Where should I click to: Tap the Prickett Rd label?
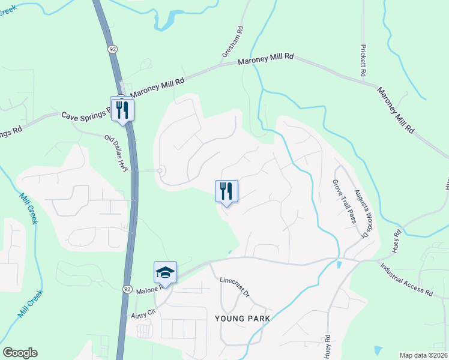tap(363, 59)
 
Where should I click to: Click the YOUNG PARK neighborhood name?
tap(242, 317)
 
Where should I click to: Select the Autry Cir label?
tap(143, 313)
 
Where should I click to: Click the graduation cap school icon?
tap(165, 272)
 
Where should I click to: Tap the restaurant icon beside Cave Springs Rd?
tap(122, 109)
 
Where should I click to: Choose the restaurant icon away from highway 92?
tap(226, 191)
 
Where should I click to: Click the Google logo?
tap(20, 353)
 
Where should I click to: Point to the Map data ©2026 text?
tap(423, 355)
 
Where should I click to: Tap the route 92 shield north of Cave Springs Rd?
tap(112, 47)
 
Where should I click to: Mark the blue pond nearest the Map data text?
tap(378, 350)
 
